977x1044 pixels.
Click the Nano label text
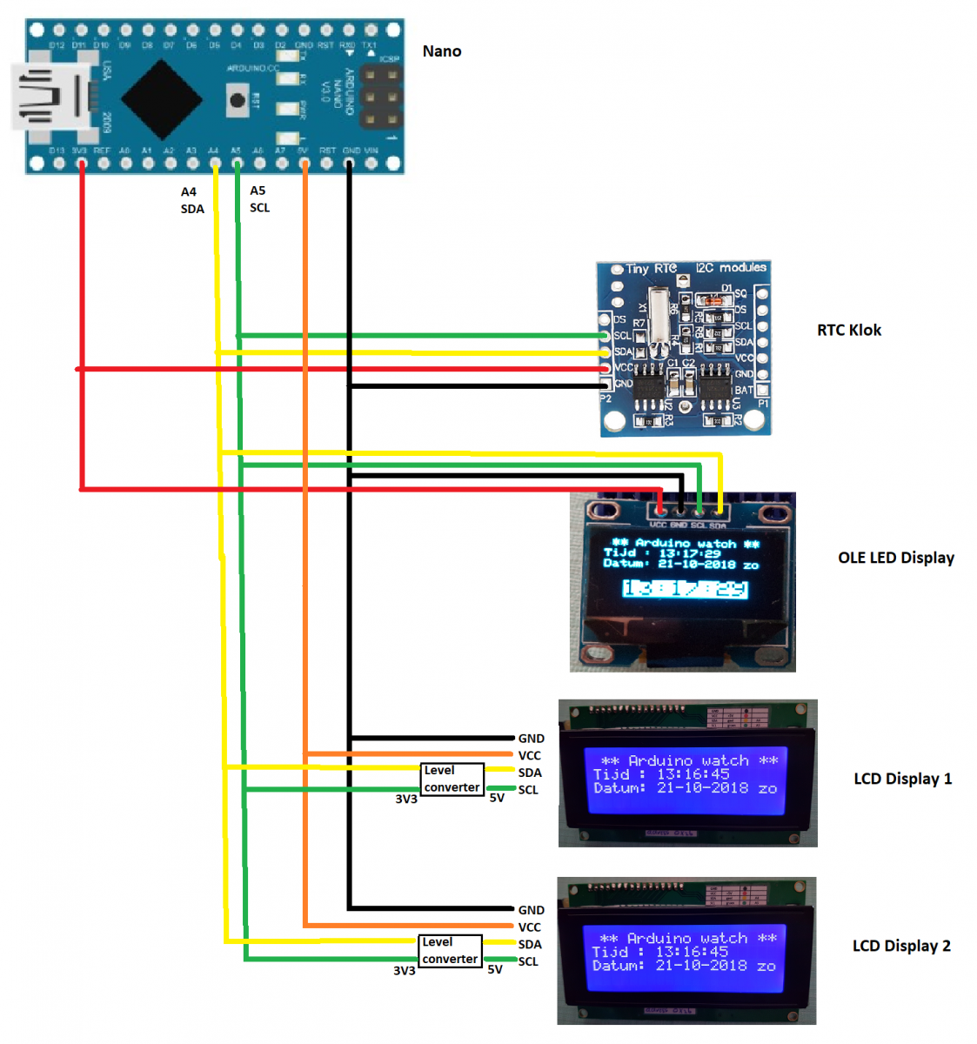(x=442, y=51)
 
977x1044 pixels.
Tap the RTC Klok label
(x=848, y=330)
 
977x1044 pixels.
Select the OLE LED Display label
(x=895, y=558)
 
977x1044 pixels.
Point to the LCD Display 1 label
(x=902, y=779)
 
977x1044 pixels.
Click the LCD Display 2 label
(x=900, y=946)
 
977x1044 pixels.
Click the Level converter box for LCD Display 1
(x=452, y=779)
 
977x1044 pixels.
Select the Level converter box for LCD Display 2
(x=450, y=950)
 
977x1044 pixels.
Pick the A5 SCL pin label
(x=259, y=199)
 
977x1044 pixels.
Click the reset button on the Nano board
(x=238, y=99)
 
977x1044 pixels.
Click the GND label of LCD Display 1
(x=531, y=739)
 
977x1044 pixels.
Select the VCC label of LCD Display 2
(x=529, y=927)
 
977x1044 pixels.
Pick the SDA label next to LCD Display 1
(x=529, y=773)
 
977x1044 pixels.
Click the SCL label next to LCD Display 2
(x=527, y=961)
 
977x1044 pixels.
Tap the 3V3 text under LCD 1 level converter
(x=405, y=799)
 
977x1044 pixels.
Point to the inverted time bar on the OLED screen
(x=686, y=589)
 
